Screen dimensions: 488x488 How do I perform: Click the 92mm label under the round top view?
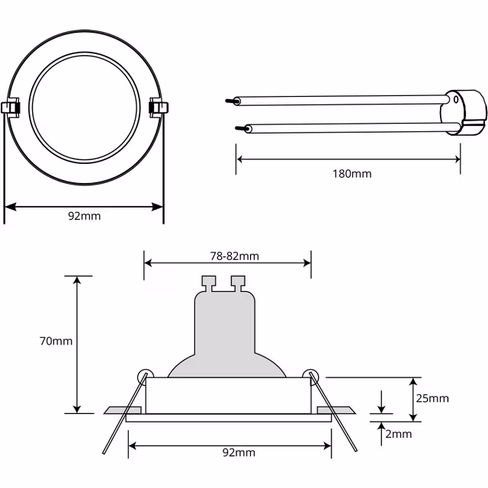(84, 216)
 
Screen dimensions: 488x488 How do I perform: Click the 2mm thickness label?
(397, 434)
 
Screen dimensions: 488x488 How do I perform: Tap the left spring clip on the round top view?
(11, 108)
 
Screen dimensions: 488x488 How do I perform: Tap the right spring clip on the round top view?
(158, 107)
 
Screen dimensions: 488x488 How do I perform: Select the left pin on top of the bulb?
(207, 283)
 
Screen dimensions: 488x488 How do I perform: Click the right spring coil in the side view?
(310, 375)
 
